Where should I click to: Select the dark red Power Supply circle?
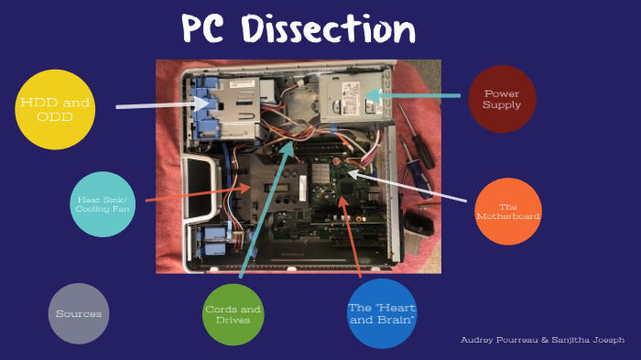501,99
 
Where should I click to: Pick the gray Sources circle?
79,313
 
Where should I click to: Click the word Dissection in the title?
326,30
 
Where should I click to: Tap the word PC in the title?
204,30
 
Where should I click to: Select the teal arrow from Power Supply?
417,94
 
